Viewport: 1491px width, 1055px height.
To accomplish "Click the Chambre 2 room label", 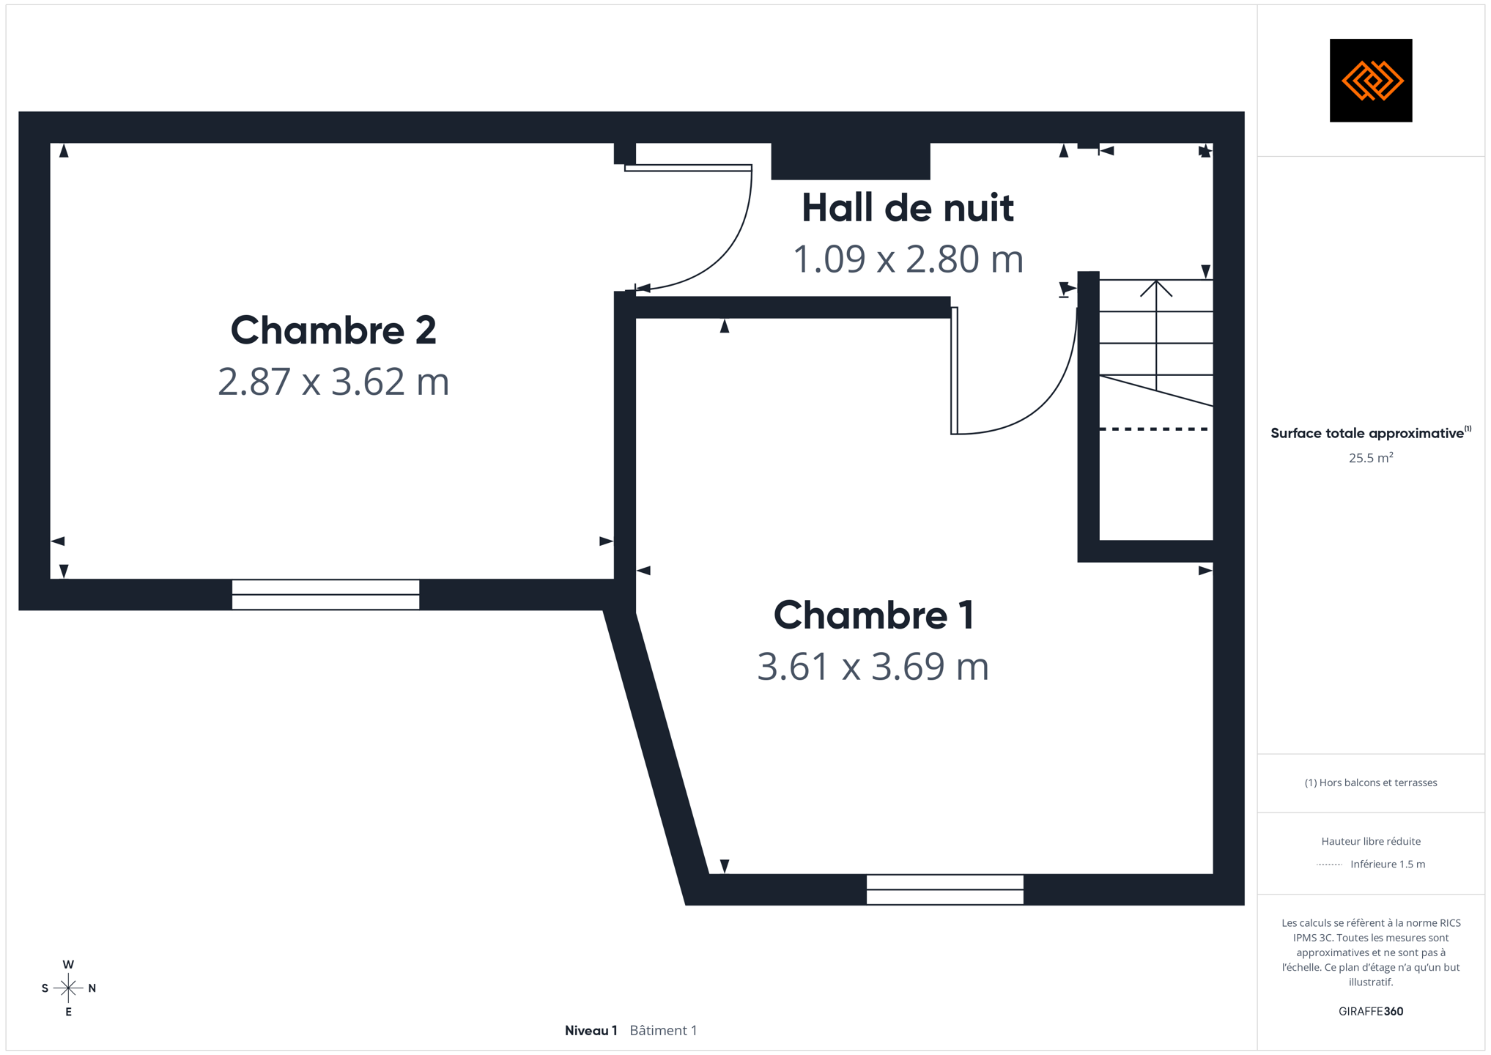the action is pos(333,330).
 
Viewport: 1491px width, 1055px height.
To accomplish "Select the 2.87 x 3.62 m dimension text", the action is pos(333,382).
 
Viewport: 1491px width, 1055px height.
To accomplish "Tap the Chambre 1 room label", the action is pos(873,615).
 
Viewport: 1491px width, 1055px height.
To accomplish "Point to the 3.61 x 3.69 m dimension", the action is pos(873,667).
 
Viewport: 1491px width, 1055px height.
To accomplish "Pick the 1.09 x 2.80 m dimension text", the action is pos(908,259).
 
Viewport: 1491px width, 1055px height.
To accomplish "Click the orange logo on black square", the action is pos(1371,81).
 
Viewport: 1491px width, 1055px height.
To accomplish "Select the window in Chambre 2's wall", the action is pos(326,595).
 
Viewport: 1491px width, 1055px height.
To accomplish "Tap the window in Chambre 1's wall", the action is pos(945,889).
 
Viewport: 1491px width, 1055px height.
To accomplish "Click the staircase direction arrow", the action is pos(1156,335).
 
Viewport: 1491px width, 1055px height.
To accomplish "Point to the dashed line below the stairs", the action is pos(1155,429).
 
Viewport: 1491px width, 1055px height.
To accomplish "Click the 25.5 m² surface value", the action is pos(1371,458).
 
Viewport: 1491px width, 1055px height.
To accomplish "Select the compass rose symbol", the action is pos(68,988).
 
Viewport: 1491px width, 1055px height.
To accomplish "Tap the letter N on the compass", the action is pos(92,988).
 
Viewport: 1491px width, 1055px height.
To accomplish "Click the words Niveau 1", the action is pos(591,1031).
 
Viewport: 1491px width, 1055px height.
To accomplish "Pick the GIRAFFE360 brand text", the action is pos(1371,1012).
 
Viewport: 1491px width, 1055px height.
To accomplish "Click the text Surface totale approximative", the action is pos(1367,433).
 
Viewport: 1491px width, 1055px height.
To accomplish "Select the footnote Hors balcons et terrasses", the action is pos(1371,783).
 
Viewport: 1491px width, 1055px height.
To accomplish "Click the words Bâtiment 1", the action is pos(664,1031).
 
